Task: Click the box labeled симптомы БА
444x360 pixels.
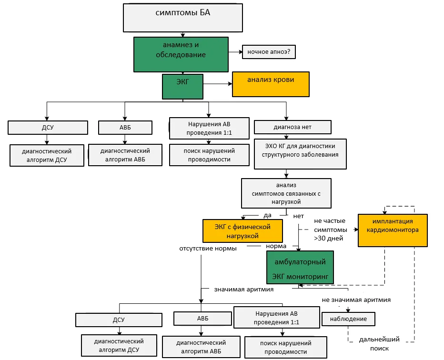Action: tap(182, 18)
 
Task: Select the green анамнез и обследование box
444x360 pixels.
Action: tap(181, 54)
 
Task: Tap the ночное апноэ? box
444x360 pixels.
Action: tap(269, 52)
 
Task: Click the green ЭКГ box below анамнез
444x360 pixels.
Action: tap(182, 87)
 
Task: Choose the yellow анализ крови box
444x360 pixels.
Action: tap(271, 84)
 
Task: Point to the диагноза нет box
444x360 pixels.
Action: tap(293, 127)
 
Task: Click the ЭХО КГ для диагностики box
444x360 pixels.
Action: tap(300, 154)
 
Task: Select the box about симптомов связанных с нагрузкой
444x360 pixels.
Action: tap(286, 193)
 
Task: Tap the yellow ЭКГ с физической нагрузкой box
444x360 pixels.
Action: tap(242, 231)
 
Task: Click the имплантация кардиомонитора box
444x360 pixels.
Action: tap(393, 230)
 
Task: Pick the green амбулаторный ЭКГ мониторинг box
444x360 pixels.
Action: tap(300, 268)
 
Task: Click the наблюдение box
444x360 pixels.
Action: tap(348, 319)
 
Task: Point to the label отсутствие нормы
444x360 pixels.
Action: tap(208, 249)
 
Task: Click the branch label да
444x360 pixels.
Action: tap(267, 215)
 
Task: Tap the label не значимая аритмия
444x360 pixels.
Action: tap(356, 300)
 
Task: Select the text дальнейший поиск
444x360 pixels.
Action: tap(379, 344)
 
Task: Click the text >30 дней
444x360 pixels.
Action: tap(328, 238)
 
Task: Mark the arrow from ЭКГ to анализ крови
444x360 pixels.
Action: tap(218, 84)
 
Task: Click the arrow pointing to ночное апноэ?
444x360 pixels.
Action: tap(236, 52)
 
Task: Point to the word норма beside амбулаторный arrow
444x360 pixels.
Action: tap(276, 246)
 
